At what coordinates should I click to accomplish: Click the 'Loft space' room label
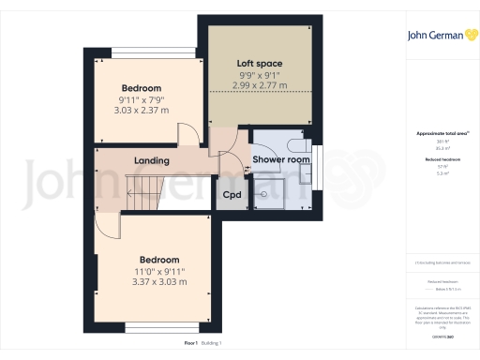tap(258, 63)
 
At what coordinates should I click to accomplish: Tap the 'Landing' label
tap(152, 160)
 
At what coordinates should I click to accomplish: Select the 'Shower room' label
tap(281, 160)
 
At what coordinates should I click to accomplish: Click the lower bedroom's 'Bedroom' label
tap(158, 259)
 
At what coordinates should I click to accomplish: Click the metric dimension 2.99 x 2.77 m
tap(259, 85)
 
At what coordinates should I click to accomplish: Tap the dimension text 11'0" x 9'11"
tap(158, 271)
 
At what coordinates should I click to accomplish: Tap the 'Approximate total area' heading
tap(440, 134)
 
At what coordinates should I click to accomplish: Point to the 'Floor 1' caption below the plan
tap(190, 344)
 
